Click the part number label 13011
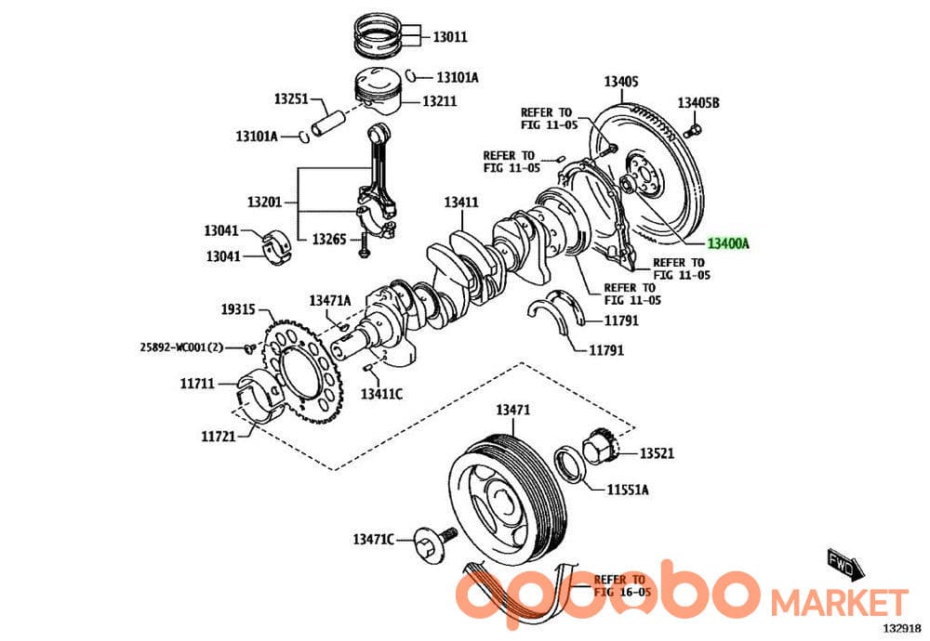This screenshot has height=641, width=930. pyautogui.click(x=450, y=37)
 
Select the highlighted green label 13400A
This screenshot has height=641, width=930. pyautogui.click(x=728, y=243)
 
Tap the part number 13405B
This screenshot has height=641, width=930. pyautogui.click(x=698, y=102)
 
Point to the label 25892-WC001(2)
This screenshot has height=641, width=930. pyautogui.click(x=181, y=347)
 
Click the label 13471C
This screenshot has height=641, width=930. pyautogui.click(x=374, y=539)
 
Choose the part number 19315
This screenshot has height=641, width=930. pyautogui.click(x=238, y=309)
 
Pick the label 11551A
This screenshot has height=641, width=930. pyautogui.click(x=628, y=490)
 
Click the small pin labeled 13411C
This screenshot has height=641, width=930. pyautogui.click(x=368, y=369)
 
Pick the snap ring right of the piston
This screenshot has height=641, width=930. pyautogui.click(x=412, y=75)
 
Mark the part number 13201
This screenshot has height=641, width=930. pyautogui.click(x=264, y=202)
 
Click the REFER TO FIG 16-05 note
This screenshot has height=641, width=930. pyautogui.click(x=622, y=585)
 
